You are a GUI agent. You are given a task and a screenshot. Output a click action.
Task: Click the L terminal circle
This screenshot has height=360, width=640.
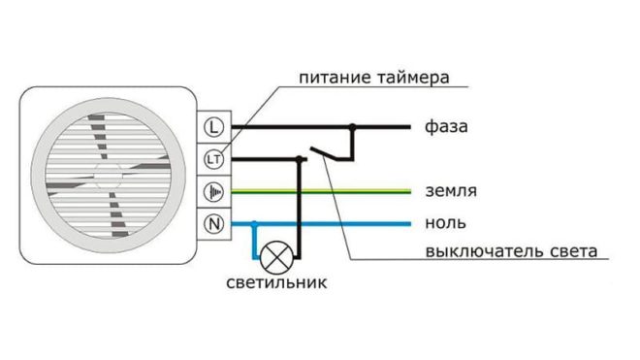[214, 126]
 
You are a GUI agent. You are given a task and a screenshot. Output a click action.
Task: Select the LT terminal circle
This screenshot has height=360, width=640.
[214, 158]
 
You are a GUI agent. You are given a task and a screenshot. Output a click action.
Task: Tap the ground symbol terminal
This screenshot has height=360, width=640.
[214, 191]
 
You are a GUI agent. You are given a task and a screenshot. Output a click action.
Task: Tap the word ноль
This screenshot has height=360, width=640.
[442, 222]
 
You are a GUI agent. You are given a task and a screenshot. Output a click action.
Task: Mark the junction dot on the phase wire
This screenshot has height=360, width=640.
[353, 126]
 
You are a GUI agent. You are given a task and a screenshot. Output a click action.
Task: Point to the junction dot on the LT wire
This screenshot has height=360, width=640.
[300, 158]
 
